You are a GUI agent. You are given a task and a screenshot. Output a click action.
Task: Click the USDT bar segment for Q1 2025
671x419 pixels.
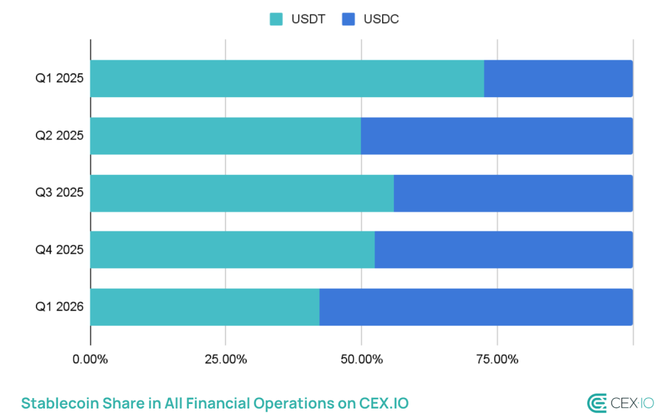coord(287,79)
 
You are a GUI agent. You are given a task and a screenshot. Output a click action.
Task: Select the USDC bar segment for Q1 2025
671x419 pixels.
coord(558,79)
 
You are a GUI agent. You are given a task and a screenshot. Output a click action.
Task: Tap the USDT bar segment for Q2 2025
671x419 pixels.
coord(225,136)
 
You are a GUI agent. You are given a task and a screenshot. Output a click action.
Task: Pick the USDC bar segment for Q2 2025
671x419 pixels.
coord(497,136)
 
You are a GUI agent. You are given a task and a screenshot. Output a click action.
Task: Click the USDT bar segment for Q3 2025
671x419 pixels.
coord(242,193)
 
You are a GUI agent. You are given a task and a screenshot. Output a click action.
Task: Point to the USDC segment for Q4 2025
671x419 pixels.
coord(503,250)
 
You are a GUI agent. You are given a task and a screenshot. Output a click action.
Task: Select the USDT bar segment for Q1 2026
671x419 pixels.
coord(204,307)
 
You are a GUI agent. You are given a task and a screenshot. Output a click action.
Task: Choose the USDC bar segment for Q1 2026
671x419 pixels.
coord(476,307)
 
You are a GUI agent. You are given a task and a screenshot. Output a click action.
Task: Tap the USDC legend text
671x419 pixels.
coord(381,19)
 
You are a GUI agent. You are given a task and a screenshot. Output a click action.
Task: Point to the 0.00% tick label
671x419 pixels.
coord(90,359)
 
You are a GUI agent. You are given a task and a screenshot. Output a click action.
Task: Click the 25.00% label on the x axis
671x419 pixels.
coord(225,359)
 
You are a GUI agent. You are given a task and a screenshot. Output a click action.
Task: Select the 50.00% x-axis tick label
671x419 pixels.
coord(361,359)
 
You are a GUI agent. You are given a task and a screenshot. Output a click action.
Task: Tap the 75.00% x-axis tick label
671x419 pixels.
coord(497,359)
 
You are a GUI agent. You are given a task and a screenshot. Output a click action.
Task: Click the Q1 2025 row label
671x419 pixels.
coord(59,79)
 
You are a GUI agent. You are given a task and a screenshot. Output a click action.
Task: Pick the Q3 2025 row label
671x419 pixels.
coord(59,193)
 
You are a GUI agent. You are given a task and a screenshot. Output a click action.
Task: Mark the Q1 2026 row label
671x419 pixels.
coord(59,307)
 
